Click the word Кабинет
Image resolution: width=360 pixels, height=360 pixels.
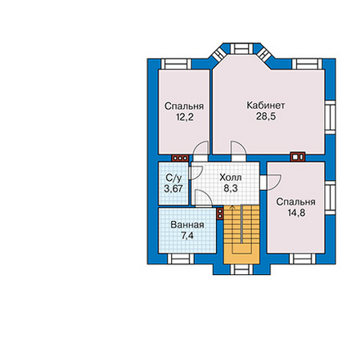(x=266, y=106)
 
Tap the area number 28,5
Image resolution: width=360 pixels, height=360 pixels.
(x=266, y=116)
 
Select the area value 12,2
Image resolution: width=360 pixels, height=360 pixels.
(x=185, y=117)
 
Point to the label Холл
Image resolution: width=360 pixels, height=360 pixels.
(x=231, y=178)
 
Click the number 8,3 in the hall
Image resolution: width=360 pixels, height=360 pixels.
(x=231, y=188)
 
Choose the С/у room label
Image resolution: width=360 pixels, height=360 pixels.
(x=173, y=178)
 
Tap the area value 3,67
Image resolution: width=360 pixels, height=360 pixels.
(x=173, y=189)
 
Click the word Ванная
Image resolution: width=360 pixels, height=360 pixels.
(x=187, y=225)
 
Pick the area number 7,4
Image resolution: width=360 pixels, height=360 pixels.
(x=187, y=236)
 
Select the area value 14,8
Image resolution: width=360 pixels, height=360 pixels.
(x=296, y=213)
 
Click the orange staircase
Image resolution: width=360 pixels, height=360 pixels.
(x=241, y=234)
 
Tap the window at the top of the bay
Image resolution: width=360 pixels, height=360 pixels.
(x=241, y=48)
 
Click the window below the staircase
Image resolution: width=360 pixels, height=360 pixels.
(x=241, y=269)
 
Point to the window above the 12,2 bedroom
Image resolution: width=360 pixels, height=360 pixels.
(x=176, y=64)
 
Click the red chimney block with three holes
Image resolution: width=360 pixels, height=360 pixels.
(x=180, y=158)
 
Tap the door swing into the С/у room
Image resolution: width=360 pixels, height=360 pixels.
(x=196, y=173)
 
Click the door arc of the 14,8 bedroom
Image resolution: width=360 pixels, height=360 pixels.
(x=274, y=182)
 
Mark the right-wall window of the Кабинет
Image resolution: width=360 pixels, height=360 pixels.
(x=330, y=117)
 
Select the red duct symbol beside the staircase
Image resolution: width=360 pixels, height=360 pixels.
(x=220, y=214)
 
